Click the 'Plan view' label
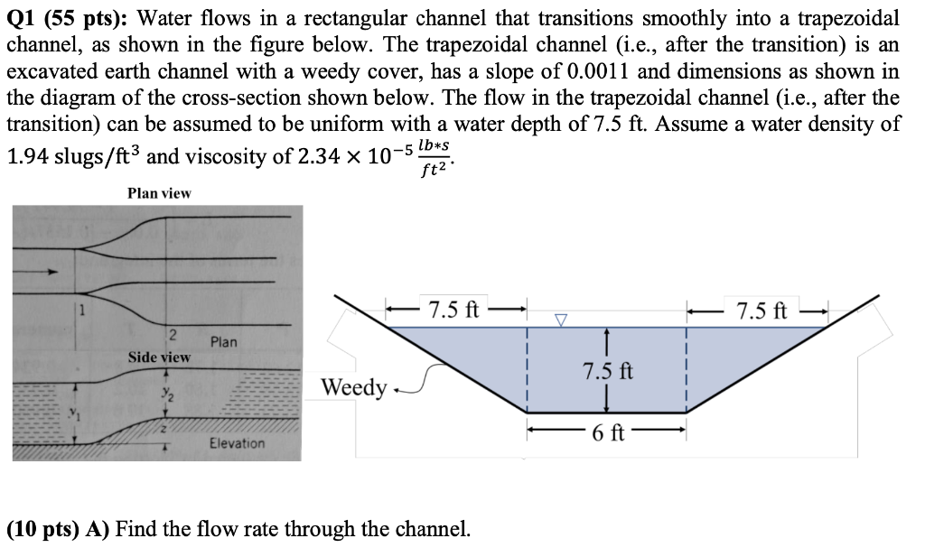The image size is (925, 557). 159,193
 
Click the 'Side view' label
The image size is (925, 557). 159,357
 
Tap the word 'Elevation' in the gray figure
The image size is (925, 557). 237,443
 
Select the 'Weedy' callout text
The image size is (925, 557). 355,388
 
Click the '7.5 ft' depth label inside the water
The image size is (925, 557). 609,371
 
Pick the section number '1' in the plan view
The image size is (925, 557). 79,312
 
